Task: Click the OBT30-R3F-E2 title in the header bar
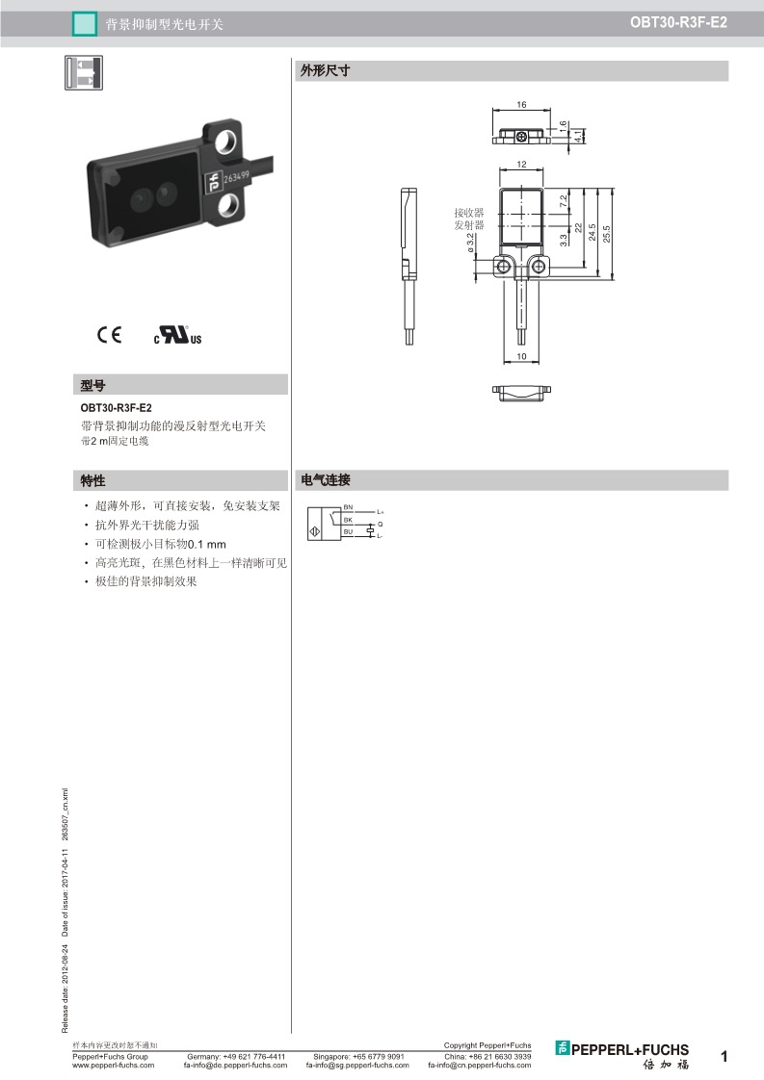coord(678,22)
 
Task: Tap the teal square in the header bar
coord(84,25)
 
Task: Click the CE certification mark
coord(109,335)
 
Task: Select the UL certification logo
coord(178,335)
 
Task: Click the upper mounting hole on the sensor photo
coord(226,141)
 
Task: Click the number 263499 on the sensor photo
coord(236,178)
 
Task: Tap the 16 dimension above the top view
coord(521,105)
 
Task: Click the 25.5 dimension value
coord(607,234)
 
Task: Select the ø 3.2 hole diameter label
coord(470,243)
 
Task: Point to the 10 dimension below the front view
coord(521,356)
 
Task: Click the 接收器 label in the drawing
coord(469,213)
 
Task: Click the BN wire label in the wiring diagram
coord(348,507)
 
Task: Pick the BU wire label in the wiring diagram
coord(348,531)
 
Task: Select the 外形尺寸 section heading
coord(325,70)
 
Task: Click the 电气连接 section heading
coord(326,480)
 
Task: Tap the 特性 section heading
coord(93,480)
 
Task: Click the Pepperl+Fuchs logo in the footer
coord(622,1055)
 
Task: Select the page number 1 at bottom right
coord(724,1056)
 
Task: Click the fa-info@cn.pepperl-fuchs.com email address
coord(479,1065)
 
